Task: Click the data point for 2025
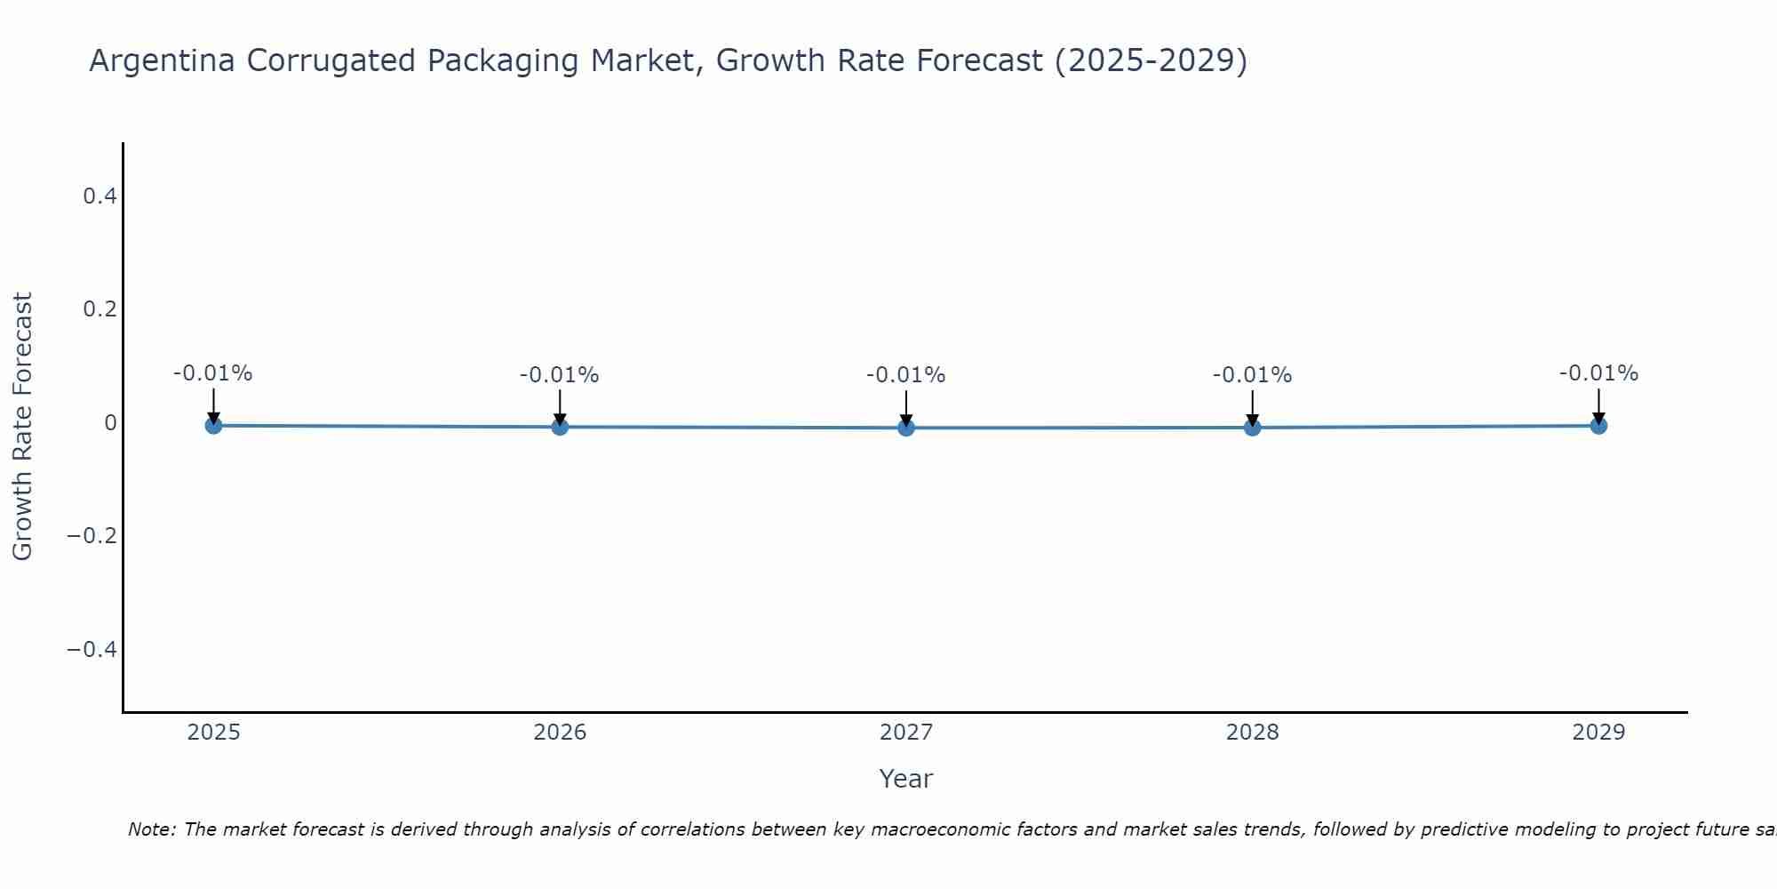click(213, 425)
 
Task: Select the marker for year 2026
click(560, 427)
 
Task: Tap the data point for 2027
click(906, 428)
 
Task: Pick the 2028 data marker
click(1253, 427)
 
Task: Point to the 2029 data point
click(1598, 425)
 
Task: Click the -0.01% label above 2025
click(213, 373)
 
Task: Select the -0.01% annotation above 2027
click(906, 375)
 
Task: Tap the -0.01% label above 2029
click(1598, 373)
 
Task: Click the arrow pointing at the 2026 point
click(560, 406)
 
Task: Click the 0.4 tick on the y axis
click(100, 196)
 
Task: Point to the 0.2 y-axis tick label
click(100, 309)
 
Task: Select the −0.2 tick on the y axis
click(92, 536)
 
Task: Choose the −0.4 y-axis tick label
click(92, 650)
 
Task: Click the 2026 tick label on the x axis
click(560, 733)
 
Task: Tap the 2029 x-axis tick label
click(1598, 733)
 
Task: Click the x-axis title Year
click(905, 779)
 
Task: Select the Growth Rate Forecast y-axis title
click(22, 427)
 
